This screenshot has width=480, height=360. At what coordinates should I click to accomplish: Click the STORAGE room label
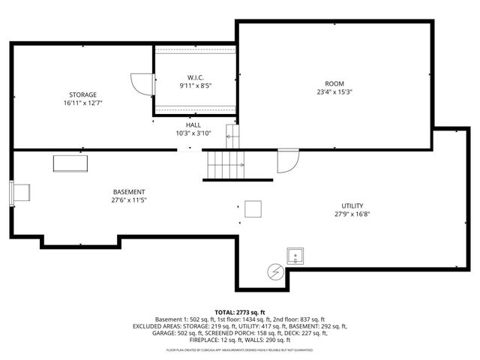[x=83, y=94]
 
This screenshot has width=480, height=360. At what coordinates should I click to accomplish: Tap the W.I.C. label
[x=195, y=77]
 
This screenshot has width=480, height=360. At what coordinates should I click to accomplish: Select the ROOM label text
[x=334, y=83]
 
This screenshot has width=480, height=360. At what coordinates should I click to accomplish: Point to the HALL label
[x=193, y=124]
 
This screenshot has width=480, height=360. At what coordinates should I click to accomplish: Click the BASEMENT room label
[x=129, y=192]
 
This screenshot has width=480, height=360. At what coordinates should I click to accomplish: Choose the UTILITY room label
[x=352, y=205]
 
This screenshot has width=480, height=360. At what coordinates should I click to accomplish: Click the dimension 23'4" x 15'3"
[x=334, y=92]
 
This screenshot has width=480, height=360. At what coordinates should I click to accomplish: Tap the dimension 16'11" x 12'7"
[x=83, y=103]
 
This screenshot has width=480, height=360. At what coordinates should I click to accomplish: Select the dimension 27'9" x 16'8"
[x=352, y=214]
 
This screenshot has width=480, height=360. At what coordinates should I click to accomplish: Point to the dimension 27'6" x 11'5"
[x=129, y=200]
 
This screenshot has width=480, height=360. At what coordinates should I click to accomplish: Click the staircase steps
[x=225, y=164]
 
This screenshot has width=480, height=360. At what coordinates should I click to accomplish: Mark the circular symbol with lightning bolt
[x=275, y=271]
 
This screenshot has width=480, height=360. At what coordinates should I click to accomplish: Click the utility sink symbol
[x=295, y=256]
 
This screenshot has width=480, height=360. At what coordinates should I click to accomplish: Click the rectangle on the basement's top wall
[x=70, y=163]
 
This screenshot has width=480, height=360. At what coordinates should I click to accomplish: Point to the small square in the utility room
[x=253, y=209]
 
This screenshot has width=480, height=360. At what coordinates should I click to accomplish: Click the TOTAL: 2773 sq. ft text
[x=240, y=311]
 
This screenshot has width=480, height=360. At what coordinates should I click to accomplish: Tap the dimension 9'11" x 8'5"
[x=195, y=85]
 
